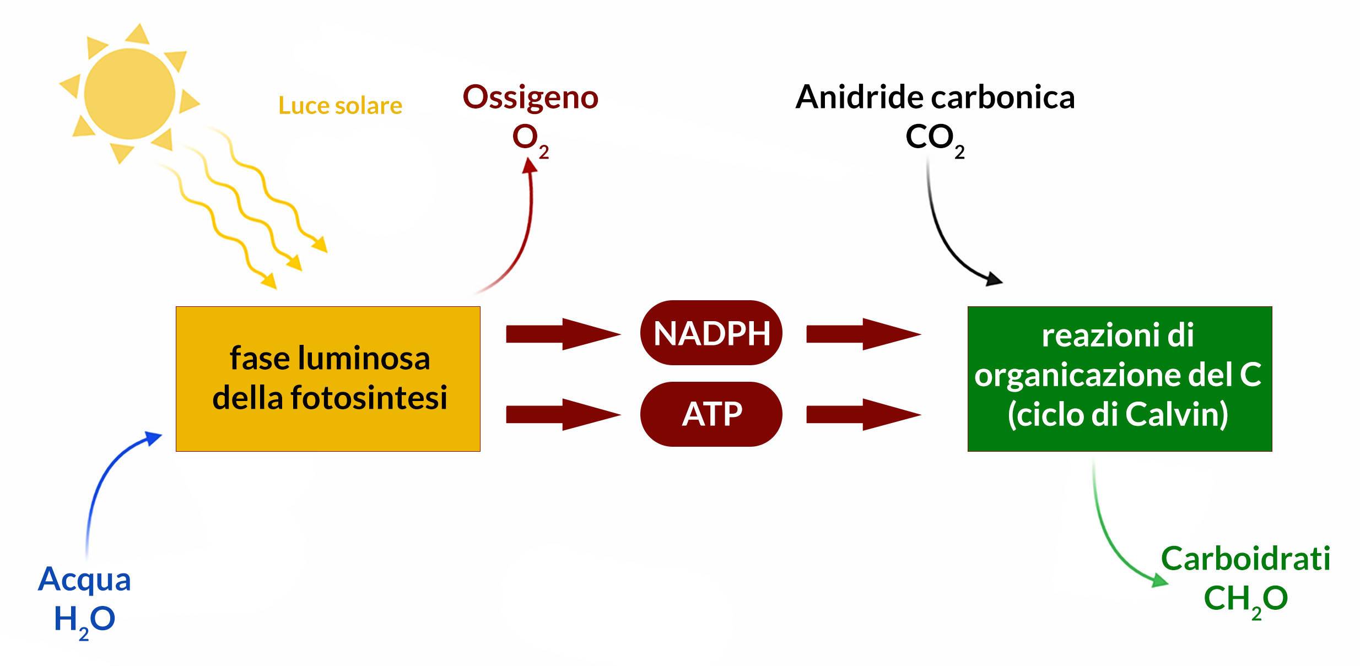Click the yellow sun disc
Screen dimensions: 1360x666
click(x=129, y=94)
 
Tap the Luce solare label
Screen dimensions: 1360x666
click(x=340, y=105)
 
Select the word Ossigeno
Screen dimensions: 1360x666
click(x=531, y=98)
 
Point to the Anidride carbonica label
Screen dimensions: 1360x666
click(x=935, y=97)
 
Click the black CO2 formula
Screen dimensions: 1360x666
click(x=935, y=140)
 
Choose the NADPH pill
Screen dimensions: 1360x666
click(x=711, y=333)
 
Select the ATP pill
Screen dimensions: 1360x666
click(x=711, y=414)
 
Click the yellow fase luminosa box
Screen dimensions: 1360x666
click(x=328, y=379)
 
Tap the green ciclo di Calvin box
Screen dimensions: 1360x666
click(x=1120, y=379)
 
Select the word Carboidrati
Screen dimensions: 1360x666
click(x=1245, y=559)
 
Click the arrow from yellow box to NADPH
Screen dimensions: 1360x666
click(x=563, y=334)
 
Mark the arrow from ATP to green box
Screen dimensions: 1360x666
click(x=864, y=414)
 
